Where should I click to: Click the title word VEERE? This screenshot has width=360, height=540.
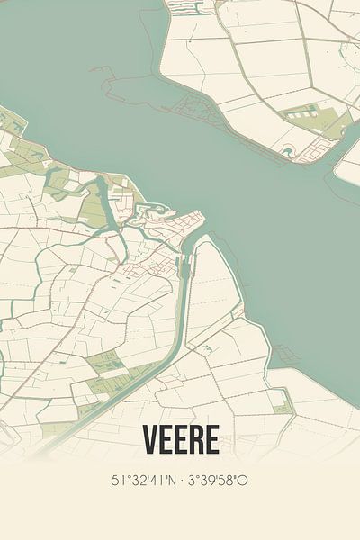pos(180,441)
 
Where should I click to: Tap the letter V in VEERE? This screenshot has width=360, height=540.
pos(149,441)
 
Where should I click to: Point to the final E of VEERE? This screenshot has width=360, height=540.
pos(211,441)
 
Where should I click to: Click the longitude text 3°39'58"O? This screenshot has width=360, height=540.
pos(219,481)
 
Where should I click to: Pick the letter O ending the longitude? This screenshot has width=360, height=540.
pos(244,481)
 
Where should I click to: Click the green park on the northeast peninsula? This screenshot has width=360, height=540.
pos(306,117)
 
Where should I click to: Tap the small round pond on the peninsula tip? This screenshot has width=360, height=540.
pos(288,150)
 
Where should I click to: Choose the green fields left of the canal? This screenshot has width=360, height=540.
pos(108,364)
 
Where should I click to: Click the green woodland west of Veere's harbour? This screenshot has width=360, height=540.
pos(93,209)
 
